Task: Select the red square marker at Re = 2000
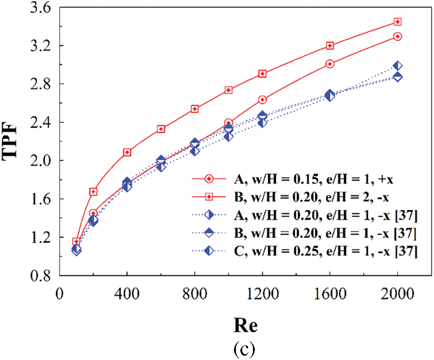click(398, 22)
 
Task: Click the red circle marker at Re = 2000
click(398, 36)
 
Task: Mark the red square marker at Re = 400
click(127, 152)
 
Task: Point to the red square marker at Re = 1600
click(330, 46)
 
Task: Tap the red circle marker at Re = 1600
click(330, 64)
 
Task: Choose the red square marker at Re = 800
click(195, 109)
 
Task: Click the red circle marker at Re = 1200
click(263, 100)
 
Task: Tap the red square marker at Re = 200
click(94, 191)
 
